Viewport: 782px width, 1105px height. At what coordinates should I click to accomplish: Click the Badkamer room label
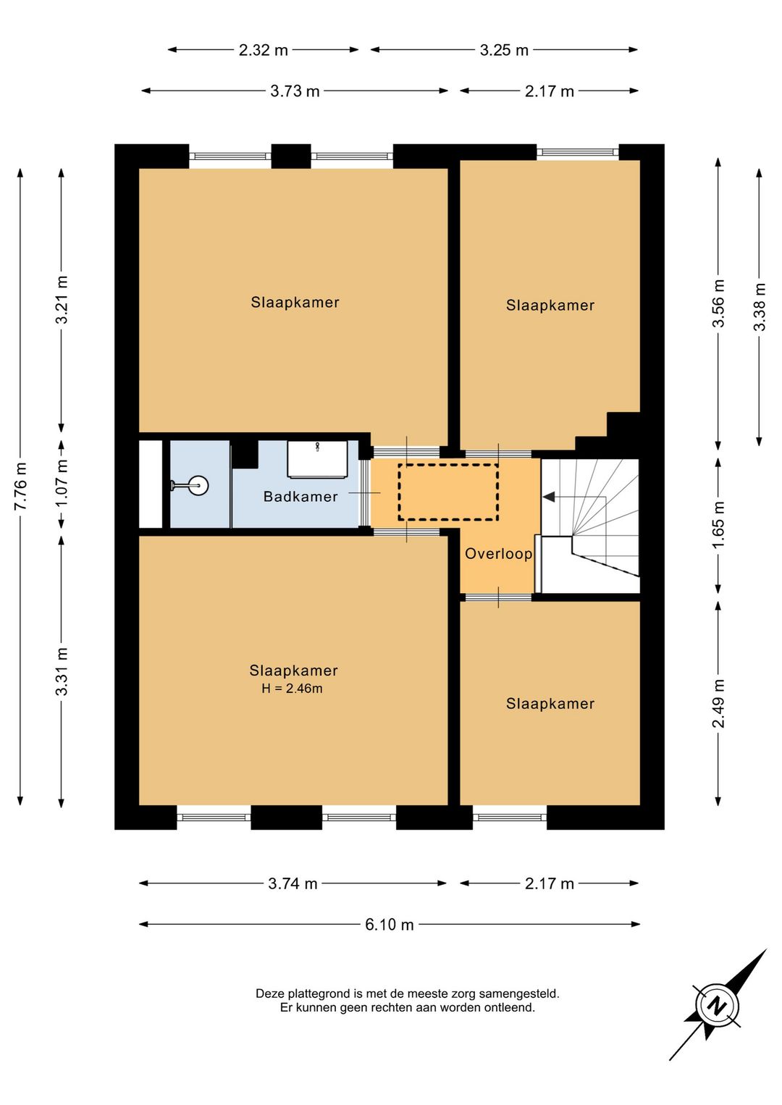(300, 496)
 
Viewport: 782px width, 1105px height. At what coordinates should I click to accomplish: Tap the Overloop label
(498, 553)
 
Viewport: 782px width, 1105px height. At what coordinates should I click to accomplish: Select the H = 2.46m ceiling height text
(292, 689)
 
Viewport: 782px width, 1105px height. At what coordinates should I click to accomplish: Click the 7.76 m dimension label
(20, 486)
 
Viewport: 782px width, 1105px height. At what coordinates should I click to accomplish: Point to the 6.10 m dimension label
(390, 925)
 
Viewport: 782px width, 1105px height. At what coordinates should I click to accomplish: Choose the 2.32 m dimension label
(264, 50)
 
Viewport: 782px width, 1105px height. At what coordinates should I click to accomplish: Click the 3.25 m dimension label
(504, 50)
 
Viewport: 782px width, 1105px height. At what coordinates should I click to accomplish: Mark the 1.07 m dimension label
(62, 484)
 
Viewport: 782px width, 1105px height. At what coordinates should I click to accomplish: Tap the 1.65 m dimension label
(719, 524)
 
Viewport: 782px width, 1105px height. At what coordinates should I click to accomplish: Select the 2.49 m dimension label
(719, 703)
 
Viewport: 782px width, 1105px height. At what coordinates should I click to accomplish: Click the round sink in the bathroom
(199, 485)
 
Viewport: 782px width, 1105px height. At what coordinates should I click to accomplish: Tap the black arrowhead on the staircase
(549, 497)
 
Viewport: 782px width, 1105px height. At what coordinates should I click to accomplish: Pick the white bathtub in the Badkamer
(317, 459)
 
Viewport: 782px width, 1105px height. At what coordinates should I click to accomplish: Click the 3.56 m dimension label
(719, 303)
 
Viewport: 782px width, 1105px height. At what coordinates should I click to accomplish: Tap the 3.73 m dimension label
(295, 91)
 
